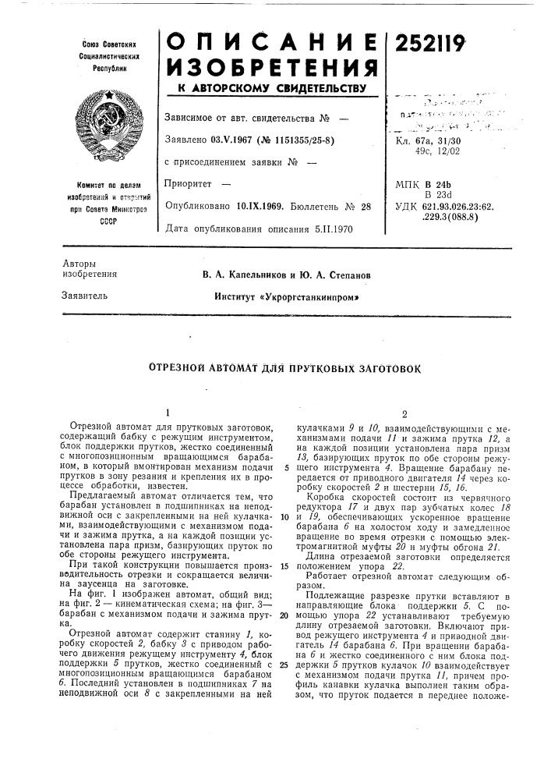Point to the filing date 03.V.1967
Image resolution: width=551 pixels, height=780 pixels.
point(235,140)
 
